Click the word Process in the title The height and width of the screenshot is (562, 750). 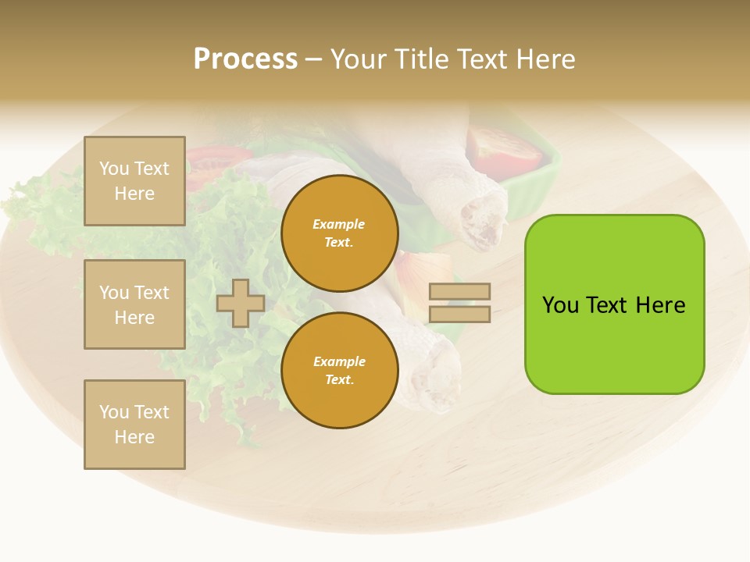point(245,59)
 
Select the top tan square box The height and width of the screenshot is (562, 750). point(134,181)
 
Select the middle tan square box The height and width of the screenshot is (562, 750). point(134,304)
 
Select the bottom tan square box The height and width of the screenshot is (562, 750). point(134,425)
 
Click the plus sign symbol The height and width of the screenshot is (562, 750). point(240,303)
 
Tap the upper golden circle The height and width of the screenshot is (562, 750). point(339,233)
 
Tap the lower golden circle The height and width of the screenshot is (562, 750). point(339,370)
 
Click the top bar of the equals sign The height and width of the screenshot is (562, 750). point(459,291)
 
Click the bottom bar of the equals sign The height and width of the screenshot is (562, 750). point(459,315)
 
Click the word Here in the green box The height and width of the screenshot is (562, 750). point(660,305)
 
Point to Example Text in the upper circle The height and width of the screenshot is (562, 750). point(339,233)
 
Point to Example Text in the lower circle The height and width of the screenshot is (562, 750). point(339,371)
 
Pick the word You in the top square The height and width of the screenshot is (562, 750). point(113,169)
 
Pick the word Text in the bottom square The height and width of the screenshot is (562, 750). point(152,412)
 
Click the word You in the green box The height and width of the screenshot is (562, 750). point(560,305)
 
